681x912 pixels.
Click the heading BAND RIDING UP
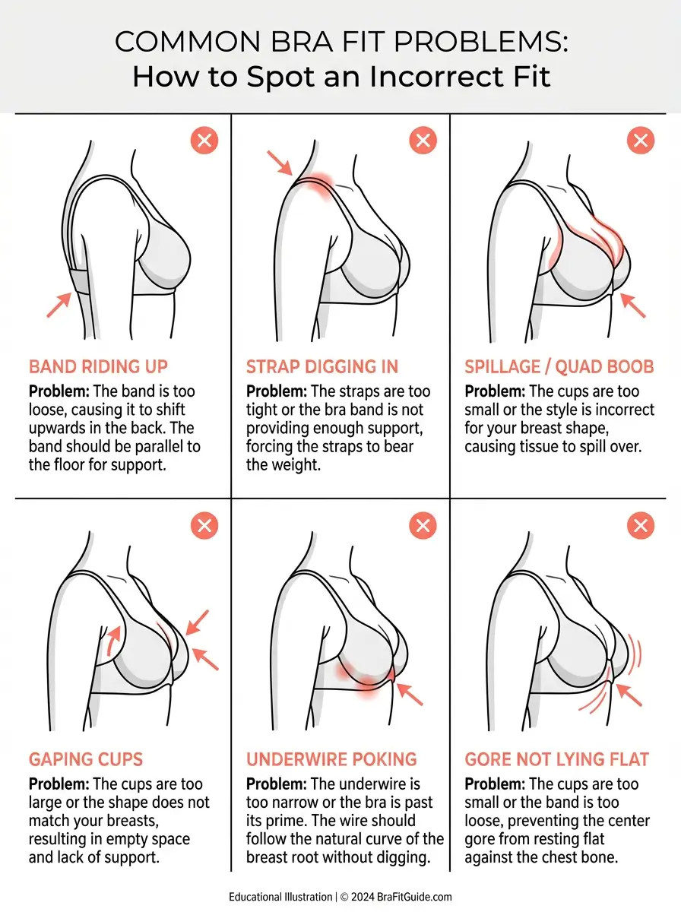coord(98,366)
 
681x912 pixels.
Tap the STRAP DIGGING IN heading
coord(321,366)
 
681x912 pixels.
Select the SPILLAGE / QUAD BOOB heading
coord(559,366)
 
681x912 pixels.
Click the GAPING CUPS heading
coord(86,759)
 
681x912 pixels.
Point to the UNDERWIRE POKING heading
coord(331,759)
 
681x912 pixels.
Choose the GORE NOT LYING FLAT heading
coord(556,759)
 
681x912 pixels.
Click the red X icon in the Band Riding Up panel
coord(204,141)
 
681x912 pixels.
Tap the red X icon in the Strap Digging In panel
coord(423,141)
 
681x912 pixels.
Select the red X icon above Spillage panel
coord(640,141)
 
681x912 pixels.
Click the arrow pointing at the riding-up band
coord(59,304)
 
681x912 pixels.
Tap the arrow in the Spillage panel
coord(633,304)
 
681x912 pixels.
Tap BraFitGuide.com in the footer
coord(410,897)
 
